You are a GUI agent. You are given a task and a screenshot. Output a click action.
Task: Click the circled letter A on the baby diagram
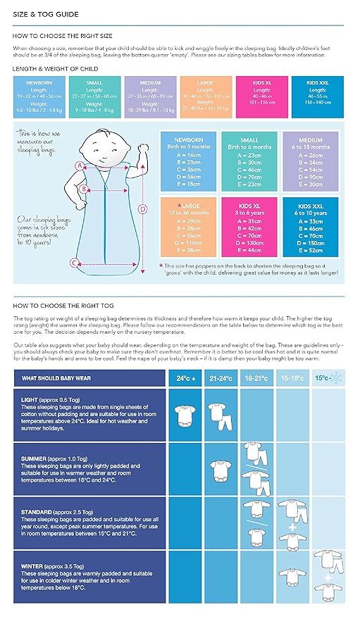[80, 166]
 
